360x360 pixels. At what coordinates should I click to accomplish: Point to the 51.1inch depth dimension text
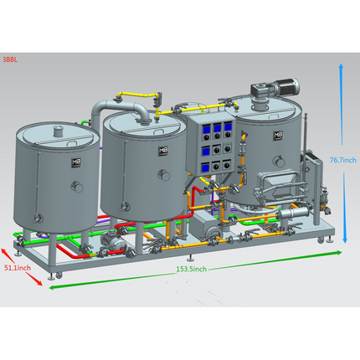point(18,268)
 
